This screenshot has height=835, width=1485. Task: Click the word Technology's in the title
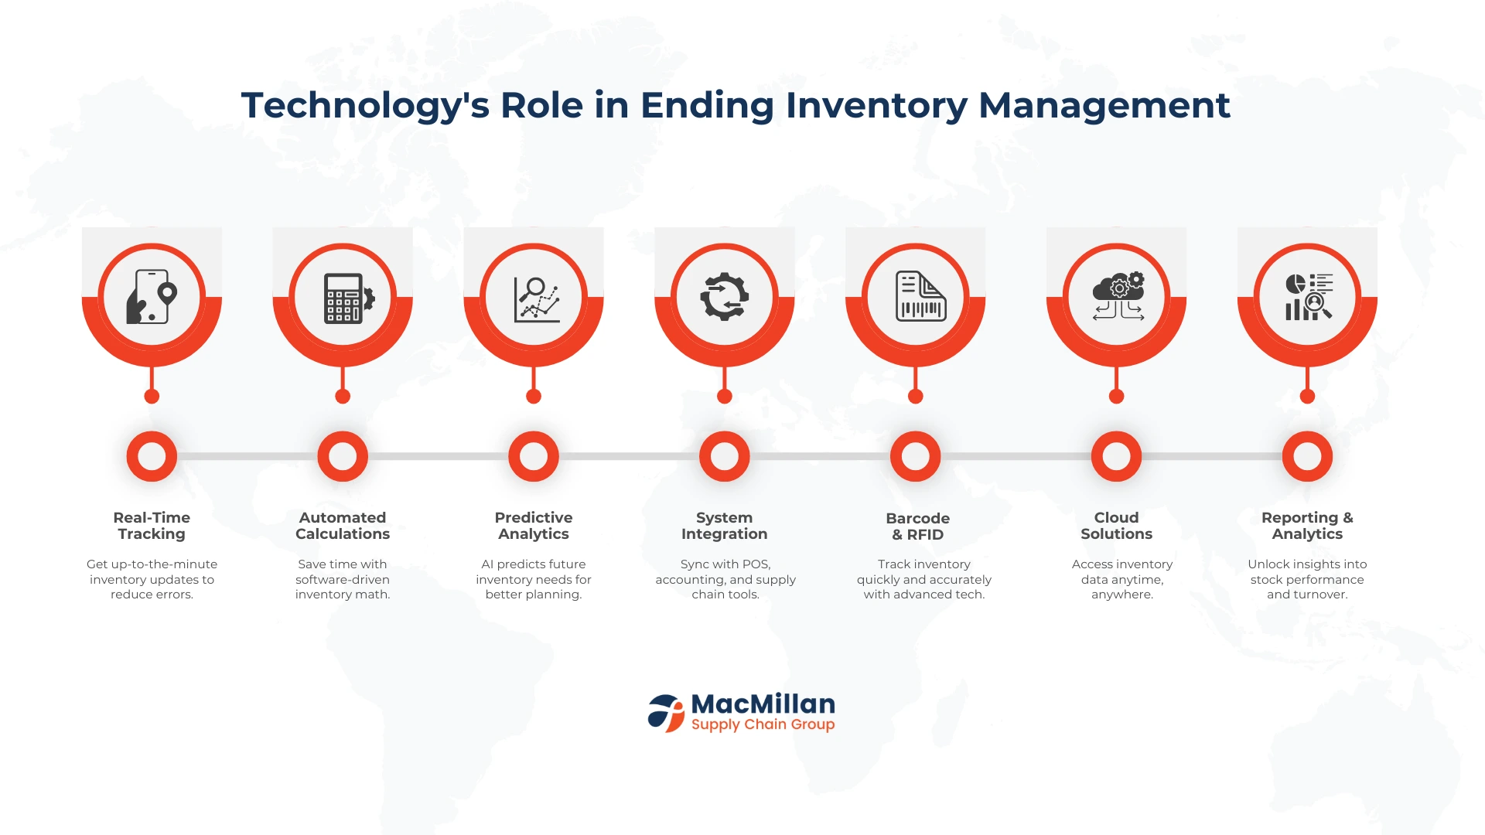(x=365, y=107)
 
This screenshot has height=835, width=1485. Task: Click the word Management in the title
(x=1104, y=105)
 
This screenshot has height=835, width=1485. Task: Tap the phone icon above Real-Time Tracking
(x=152, y=296)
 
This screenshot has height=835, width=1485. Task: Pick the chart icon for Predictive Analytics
(x=537, y=299)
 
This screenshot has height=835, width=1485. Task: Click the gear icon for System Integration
(x=725, y=296)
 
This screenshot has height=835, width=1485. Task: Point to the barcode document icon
(x=920, y=295)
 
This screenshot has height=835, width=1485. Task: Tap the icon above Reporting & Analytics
(x=1309, y=296)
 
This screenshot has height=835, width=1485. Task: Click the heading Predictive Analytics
(x=534, y=526)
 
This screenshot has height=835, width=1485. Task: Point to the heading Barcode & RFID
(x=917, y=527)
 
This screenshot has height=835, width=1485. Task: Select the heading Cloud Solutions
(x=1116, y=526)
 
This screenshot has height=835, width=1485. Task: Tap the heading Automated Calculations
(x=343, y=526)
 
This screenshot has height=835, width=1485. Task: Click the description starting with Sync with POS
(x=725, y=579)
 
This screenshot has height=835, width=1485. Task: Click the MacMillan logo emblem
(x=666, y=713)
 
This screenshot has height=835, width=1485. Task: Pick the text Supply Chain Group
(x=763, y=724)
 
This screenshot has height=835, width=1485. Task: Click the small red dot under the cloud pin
(x=1116, y=397)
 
